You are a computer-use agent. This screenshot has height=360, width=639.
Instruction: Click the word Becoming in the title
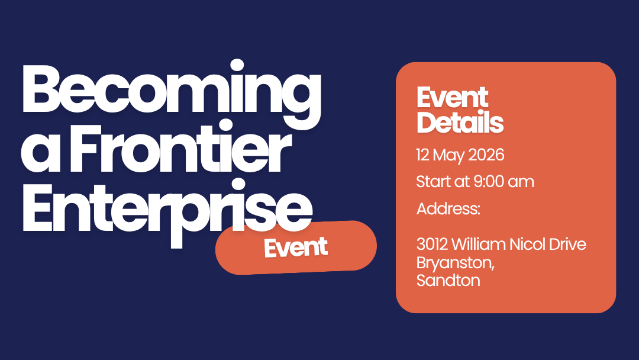coord(171,93)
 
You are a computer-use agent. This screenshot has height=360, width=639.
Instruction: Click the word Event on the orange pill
coord(296,247)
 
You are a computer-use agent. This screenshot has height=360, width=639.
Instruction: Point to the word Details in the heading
coord(460,122)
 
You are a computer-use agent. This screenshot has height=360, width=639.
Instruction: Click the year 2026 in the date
coord(486,155)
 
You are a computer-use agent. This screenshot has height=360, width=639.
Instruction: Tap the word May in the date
coord(448,156)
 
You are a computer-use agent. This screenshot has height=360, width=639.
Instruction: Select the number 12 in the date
coord(422,155)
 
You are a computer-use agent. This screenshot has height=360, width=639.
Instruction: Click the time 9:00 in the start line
coord(489,182)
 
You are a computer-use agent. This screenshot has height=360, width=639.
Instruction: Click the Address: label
coord(448,209)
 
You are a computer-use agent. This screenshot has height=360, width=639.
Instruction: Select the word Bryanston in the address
coord(455,263)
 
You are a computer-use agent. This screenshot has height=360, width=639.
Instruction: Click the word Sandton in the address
coord(448,280)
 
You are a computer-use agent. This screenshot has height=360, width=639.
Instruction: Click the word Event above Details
coord(453,98)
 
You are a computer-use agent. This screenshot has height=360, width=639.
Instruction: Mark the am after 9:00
coord(521,182)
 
